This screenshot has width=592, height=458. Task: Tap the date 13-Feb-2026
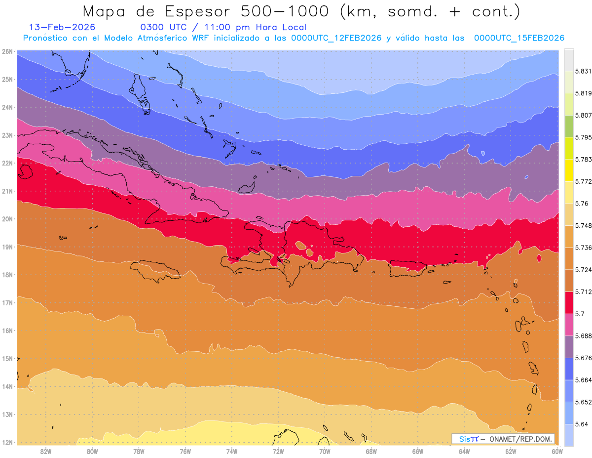(62, 27)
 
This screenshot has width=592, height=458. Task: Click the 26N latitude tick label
(7, 51)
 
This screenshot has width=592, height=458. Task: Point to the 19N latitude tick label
(7, 247)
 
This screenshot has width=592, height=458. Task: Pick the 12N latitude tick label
(7, 442)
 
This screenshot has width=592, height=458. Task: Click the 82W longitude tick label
(46, 451)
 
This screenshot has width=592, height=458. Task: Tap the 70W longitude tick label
(325, 451)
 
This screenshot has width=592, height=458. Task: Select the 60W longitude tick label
(557, 451)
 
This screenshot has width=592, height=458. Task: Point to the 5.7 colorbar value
(576, 313)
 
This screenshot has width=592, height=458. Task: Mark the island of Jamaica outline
(154, 271)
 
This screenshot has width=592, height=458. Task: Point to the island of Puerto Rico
(407, 269)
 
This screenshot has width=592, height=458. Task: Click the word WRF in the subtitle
(249, 38)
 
